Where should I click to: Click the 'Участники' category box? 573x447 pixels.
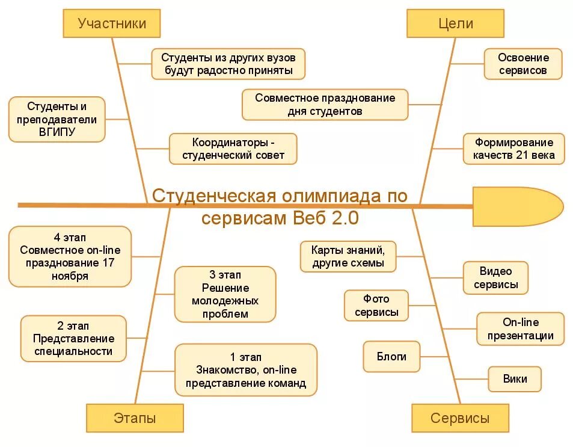[112, 24]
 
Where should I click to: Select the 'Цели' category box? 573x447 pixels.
[456, 24]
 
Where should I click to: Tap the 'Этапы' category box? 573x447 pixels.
[135, 418]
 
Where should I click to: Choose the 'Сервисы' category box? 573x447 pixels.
[460, 418]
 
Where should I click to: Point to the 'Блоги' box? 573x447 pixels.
[391, 357]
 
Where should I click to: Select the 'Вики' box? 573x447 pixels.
[515, 379]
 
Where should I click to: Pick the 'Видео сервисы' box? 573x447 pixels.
[495, 278]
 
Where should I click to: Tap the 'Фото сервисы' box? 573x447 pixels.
[376, 306]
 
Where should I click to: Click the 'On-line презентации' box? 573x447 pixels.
[520, 329]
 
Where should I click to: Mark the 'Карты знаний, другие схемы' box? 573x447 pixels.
[349, 256]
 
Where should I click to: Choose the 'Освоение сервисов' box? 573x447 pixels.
[523, 64]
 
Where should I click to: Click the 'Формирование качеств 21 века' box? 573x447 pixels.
[513, 149]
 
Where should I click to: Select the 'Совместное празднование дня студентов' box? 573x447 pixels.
[325, 105]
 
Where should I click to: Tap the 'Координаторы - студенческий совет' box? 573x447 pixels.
[233, 149]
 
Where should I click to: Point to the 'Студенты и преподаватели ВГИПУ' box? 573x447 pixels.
[57, 119]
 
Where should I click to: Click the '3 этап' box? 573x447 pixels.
[225, 295]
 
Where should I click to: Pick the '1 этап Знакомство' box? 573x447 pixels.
[245, 370]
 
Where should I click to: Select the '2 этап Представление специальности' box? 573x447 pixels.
[73, 339]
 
